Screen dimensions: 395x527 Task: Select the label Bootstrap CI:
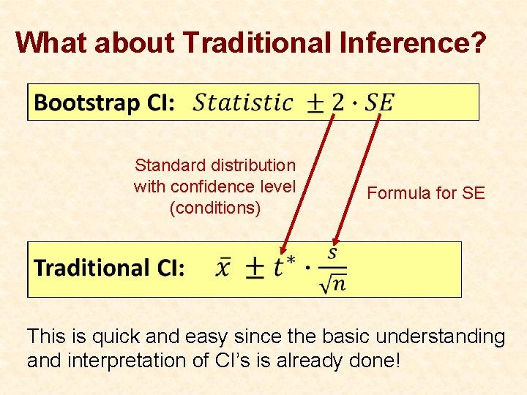coord(104,102)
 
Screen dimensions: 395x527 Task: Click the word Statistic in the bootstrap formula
coord(243,102)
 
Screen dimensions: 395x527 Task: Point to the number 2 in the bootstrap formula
coord(337,102)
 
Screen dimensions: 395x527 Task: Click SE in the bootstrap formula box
coord(379,102)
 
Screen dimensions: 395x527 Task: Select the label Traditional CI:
coord(109,268)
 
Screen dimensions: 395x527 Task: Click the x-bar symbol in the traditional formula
coord(223,267)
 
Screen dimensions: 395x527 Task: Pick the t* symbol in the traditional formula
coord(283,267)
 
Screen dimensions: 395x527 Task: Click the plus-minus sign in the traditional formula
coord(254,268)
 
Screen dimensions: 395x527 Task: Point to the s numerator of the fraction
coord(332,253)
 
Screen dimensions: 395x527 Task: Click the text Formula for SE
coord(425,193)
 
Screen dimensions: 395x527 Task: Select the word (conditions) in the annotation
coord(214,208)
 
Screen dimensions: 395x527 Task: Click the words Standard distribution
coord(214,166)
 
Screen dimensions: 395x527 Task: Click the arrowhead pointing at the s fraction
coord(336,241)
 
